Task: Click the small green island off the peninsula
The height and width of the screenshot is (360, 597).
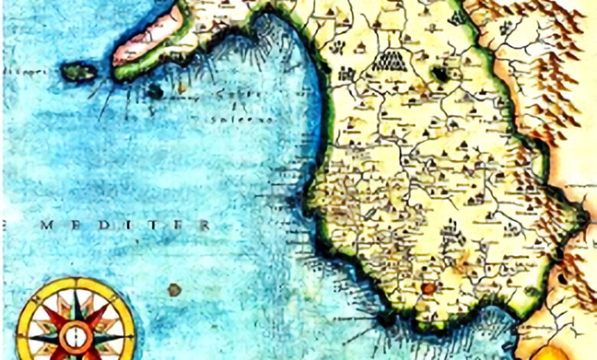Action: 79,72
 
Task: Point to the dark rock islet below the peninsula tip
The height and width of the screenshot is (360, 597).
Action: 155,92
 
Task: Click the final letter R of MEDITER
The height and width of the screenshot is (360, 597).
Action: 204,225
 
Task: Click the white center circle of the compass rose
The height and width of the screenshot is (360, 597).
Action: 76,334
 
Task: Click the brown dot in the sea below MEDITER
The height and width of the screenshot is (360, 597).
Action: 175,290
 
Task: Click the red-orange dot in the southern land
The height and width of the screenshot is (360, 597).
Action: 428,289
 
